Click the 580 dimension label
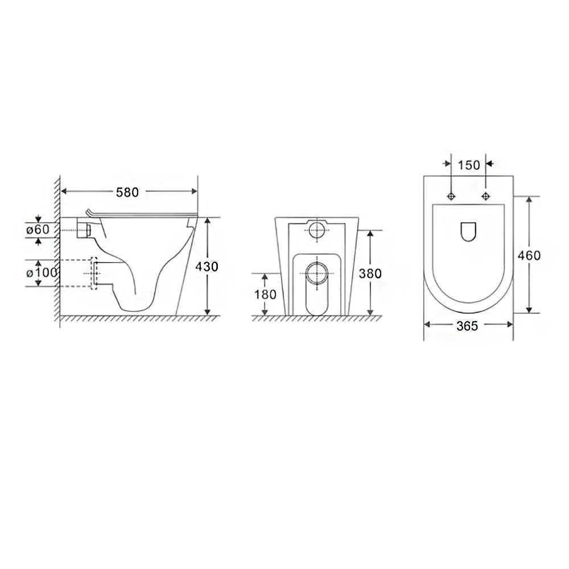(x=127, y=192)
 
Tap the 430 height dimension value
(x=207, y=267)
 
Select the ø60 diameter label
(x=38, y=229)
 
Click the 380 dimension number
(x=370, y=273)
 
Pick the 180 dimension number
(x=265, y=294)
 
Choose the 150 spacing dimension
(x=469, y=165)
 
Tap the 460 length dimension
(x=529, y=255)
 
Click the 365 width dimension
(x=467, y=326)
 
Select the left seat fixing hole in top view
(x=451, y=196)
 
